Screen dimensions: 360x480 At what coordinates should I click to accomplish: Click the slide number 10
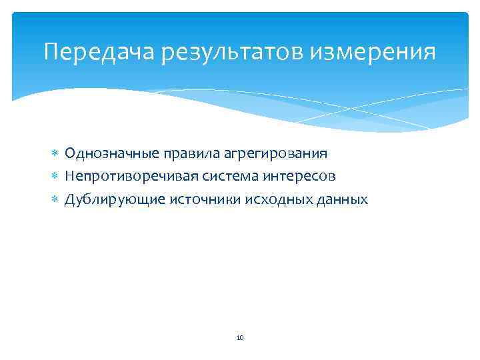point(240,339)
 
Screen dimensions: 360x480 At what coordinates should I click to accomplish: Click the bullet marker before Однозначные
point(55,154)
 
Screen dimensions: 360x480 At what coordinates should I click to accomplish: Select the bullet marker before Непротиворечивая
point(55,177)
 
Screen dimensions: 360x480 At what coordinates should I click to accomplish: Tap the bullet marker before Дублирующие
point(55,199)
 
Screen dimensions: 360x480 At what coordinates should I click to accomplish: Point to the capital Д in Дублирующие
point(69,199)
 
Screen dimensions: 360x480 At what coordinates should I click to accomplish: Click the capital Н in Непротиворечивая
point(69,177)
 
